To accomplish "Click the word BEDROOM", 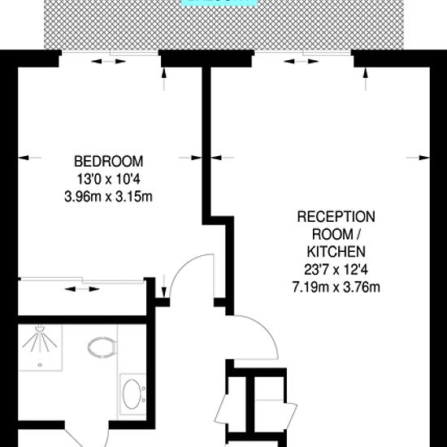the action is coord(109,162).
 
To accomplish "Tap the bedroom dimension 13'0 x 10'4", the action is coord(109,180).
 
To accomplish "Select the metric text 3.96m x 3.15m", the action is coord(109,197).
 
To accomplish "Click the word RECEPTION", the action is coord(336,217).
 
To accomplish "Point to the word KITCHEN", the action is coord(336,252).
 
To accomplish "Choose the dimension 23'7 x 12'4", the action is coord(336,269).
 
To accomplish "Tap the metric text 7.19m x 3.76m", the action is coord(336,287).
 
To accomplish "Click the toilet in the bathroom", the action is coord(102,347).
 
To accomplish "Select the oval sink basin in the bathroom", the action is coord(132,394).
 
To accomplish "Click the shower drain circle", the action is coord(40,365).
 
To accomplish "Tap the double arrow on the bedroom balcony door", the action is coord(109,61).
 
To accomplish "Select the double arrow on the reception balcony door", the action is coord(302,61).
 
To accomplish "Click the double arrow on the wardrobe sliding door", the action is coord(82,289).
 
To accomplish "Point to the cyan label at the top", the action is coord(219,3).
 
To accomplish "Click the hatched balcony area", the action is coord(223,25).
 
